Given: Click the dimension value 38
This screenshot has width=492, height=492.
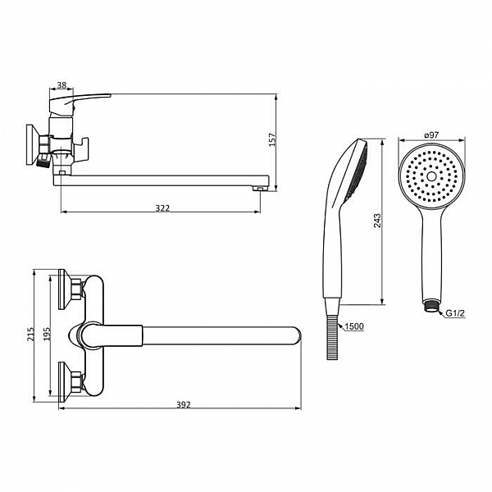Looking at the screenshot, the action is (x=61, y=85).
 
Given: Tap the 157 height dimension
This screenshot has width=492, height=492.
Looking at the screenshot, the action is (x=271, y=140).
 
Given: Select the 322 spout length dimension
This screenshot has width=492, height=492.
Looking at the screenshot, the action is (x=162, y=208).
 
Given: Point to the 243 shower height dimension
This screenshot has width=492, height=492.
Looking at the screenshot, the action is (x=377, y=221).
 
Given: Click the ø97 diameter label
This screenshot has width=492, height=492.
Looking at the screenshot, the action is (x=431, y=135).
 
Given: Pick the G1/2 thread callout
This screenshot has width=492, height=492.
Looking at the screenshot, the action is (x=455, y=313).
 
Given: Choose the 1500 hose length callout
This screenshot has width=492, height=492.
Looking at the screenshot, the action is (x=354, y=326).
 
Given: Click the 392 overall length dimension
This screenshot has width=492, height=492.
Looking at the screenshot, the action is (x=183, y=405).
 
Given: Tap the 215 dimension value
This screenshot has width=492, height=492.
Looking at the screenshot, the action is (x=30, y=335).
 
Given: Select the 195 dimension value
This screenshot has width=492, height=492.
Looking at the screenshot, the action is (x=47, y=335).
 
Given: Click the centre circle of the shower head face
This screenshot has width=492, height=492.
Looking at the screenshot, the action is (x=431, y=176).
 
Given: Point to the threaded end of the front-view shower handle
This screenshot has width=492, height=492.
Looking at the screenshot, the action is (x=431, y=307).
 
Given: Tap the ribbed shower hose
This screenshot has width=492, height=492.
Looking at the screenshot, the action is (x=332, y=337).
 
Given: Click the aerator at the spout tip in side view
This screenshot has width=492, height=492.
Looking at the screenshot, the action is (x=259, y=189).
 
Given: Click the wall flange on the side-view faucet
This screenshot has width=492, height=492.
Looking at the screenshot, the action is (x=31, y=144).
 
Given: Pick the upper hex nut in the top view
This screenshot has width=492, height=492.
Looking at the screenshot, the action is (x=77, y=289).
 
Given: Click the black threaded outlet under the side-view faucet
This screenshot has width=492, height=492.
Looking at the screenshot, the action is (x=43, y=162).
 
